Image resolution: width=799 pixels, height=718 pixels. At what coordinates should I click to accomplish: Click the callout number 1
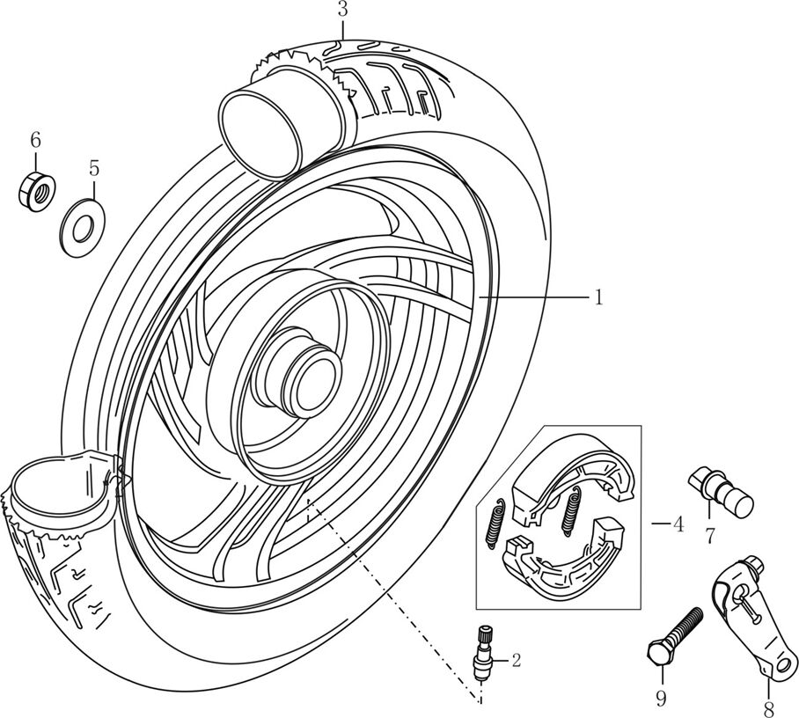coord(597,297)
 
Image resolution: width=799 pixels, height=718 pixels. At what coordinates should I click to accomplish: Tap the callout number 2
coord(516,659)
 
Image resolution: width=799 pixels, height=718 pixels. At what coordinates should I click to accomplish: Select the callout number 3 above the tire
coord(342,11)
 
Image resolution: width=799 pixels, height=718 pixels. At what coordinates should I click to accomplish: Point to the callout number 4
coord(677,525)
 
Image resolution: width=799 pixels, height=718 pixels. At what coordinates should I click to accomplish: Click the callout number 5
coord(94,167)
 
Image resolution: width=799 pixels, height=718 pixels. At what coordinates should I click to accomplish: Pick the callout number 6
coord(36,139)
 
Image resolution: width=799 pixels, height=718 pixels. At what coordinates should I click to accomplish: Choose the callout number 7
coord(708,533)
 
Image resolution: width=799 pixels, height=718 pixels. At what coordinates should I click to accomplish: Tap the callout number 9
coord(660,700)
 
